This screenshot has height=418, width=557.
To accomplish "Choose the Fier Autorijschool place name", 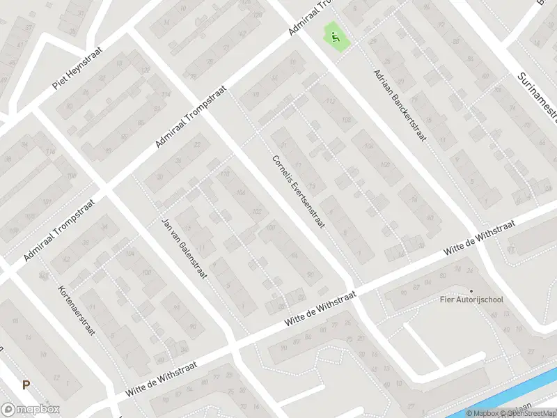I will point(471,300).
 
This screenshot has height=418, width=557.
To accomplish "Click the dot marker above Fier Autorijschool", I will point(471,291).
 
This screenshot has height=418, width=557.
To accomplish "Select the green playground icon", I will point(336,37).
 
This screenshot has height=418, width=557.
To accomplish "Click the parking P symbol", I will point(26,384).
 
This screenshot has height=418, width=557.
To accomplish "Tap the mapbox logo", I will point(30,410).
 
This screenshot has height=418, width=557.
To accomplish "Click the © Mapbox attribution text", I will point(481,412).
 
